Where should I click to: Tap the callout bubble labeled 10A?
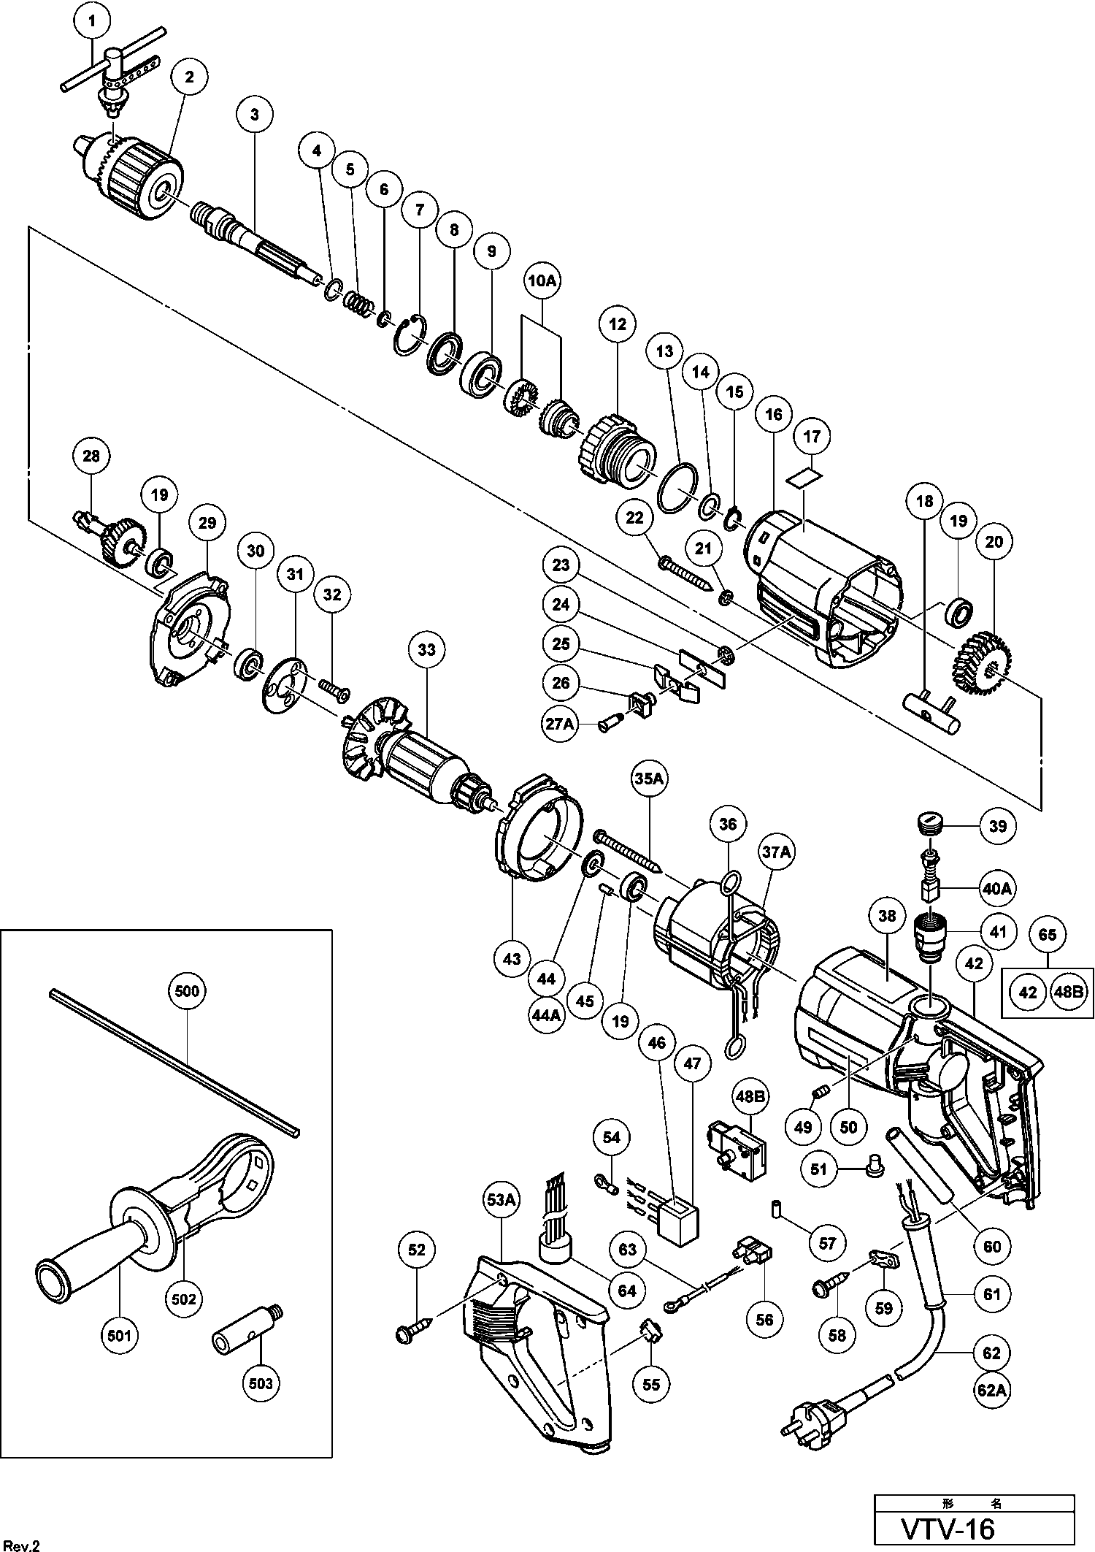[x=540, y=280]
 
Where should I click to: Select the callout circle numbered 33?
[x=426, y=649]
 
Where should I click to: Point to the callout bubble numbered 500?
[x=187, y=991]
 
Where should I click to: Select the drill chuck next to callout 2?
[x=128, y=174]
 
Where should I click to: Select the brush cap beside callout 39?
[x=928, y=827]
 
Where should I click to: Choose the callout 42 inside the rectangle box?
[x=1027, y=993]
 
